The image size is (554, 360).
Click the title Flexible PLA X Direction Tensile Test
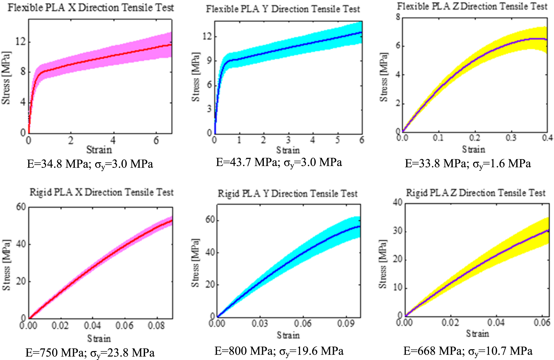coord(91,7)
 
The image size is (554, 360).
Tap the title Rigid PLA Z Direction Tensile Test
coord(476,193)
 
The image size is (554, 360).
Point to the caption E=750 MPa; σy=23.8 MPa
coord(90,353)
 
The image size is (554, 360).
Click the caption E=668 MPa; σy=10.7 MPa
coord(468,351)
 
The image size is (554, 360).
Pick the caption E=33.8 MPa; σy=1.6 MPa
coord(468,164)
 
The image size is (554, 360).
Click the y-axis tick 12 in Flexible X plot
coord(21,41)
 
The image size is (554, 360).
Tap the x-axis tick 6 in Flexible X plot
coord(156,140)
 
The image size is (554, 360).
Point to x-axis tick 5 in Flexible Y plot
coord(337,140)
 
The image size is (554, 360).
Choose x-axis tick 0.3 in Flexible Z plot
coord(511,138)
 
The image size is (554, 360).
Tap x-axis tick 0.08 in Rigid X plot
coord(156,326)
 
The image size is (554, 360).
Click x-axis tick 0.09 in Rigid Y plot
coord(346,323)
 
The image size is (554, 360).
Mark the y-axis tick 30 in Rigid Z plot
coord(397,231)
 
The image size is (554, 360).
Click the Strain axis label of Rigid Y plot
coord(288,335)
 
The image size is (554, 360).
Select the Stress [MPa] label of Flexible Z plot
coord(384,78)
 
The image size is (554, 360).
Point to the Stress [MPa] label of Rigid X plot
coord(6,265)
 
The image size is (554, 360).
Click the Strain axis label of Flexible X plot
coord(99,149)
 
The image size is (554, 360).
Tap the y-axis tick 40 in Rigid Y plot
coord(210,252)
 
